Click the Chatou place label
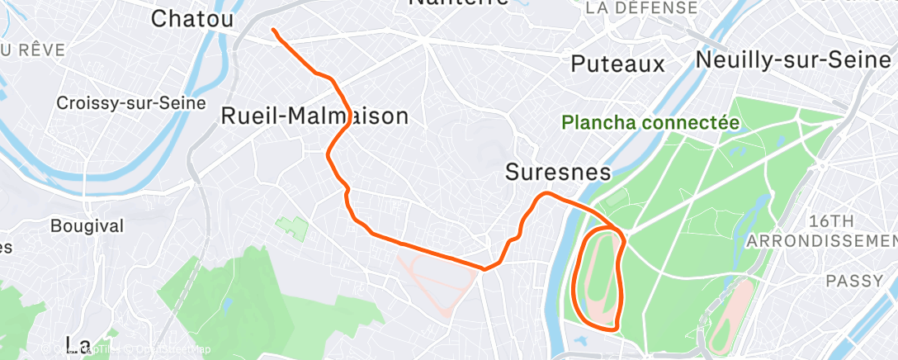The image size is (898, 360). coord(192,18)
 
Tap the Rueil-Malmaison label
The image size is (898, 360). coord(314,116)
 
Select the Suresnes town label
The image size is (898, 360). coord(558,172)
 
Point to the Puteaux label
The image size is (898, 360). coord(617,64)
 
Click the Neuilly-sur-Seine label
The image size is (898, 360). coord(794,59)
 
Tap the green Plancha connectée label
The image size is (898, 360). coord(650,123)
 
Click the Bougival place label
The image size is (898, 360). coord(87,225)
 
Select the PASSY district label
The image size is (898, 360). coord(854,281)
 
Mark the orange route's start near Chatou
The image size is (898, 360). coord(273,31)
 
